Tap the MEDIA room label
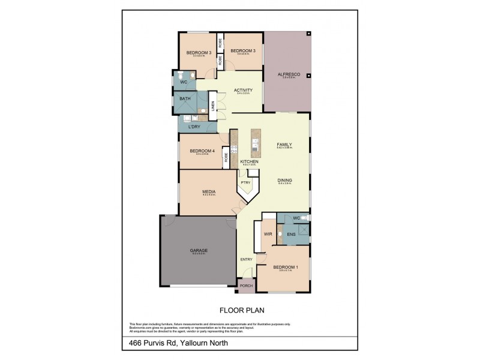point(208,191)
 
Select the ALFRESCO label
point(287,74)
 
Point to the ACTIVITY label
point(244,91)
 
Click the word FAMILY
point(284,145)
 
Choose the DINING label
point(284,180)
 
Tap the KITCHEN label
point(249,162)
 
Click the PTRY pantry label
point(245,182)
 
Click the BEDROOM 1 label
point(285,267)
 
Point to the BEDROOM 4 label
point(198,151)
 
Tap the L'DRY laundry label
point(194,127)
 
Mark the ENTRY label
point(246,259)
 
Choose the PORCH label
point(246,286)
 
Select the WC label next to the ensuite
point(296,218)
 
